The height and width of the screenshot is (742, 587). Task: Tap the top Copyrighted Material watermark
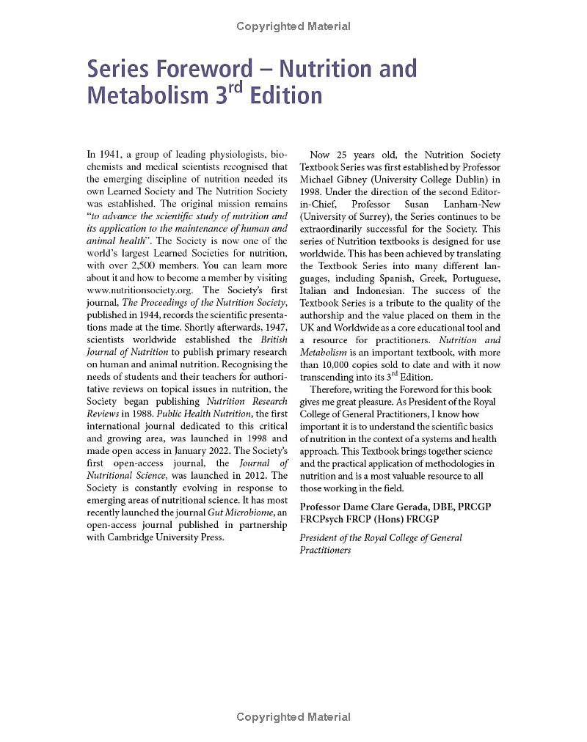coord(293,26)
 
